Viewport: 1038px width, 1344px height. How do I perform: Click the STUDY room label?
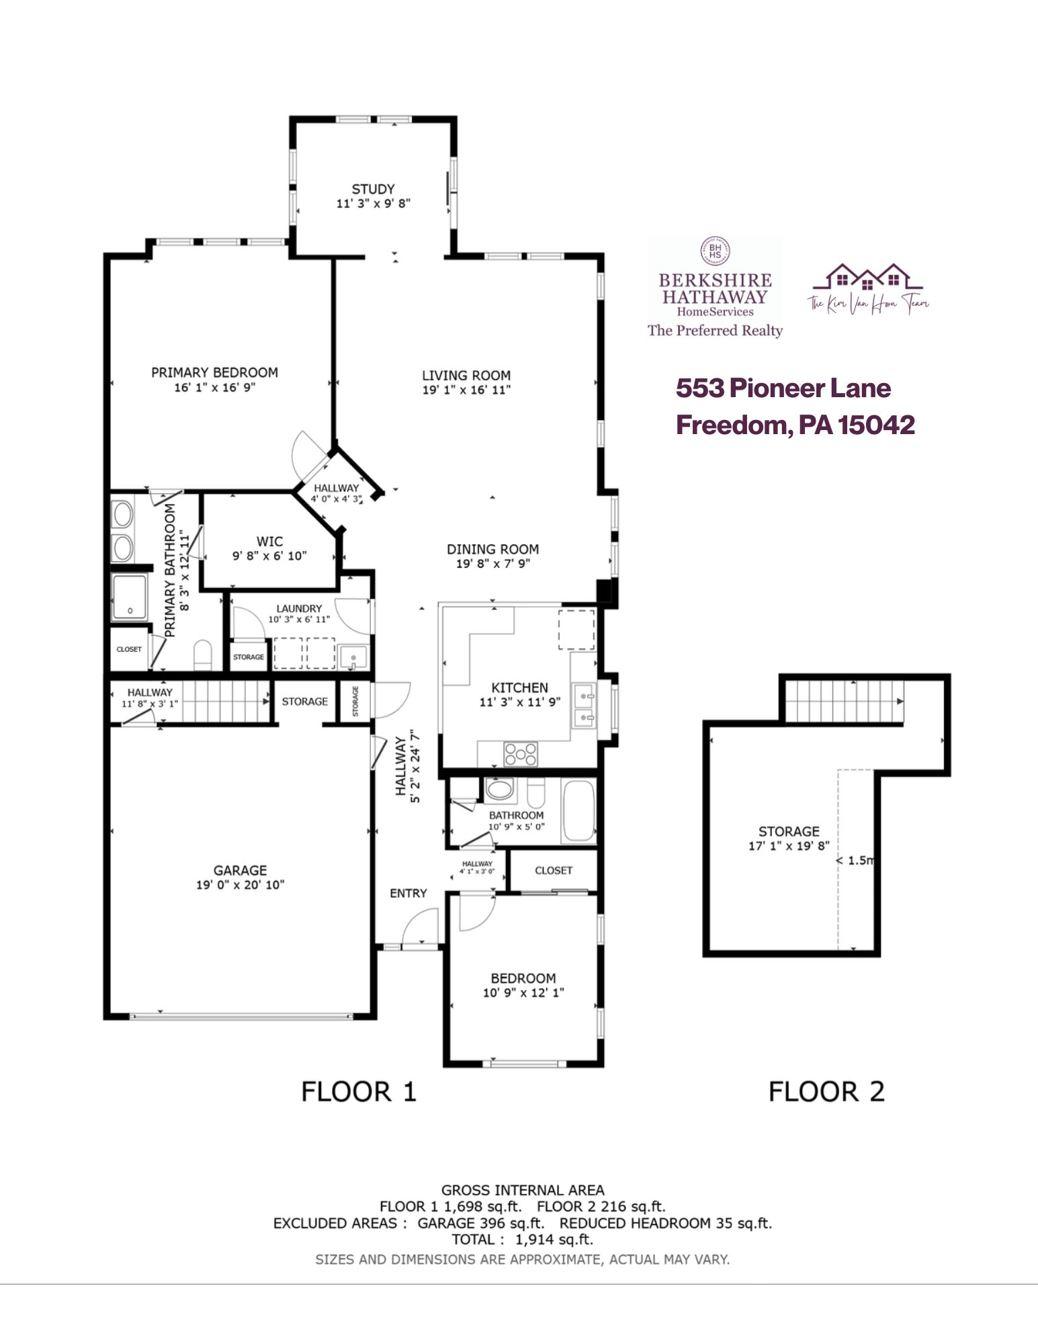point(373,190)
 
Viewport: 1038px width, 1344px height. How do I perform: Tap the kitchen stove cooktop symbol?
point(521,753)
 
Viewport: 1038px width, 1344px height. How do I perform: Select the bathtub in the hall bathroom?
point(578,810)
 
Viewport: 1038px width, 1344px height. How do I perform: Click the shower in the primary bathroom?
point(129,597)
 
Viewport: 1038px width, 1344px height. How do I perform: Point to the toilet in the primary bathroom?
point(202,655)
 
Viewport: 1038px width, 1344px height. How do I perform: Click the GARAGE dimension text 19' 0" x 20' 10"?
point(240,885)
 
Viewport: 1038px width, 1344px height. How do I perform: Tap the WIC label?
point(269,541)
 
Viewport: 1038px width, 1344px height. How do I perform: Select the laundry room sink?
point(353,657)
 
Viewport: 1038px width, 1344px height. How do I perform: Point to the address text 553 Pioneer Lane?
point(783,388)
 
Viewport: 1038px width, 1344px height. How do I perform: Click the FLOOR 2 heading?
point(826,1092)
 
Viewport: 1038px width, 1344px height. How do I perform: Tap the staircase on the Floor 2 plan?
point(844,702)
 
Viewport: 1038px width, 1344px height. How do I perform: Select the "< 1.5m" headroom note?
point(855,860)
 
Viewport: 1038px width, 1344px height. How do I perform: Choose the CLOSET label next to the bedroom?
point(553,870)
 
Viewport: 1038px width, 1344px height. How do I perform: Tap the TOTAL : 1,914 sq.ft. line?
point(522,1240)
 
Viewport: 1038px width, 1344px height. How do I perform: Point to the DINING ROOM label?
point(492,549)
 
